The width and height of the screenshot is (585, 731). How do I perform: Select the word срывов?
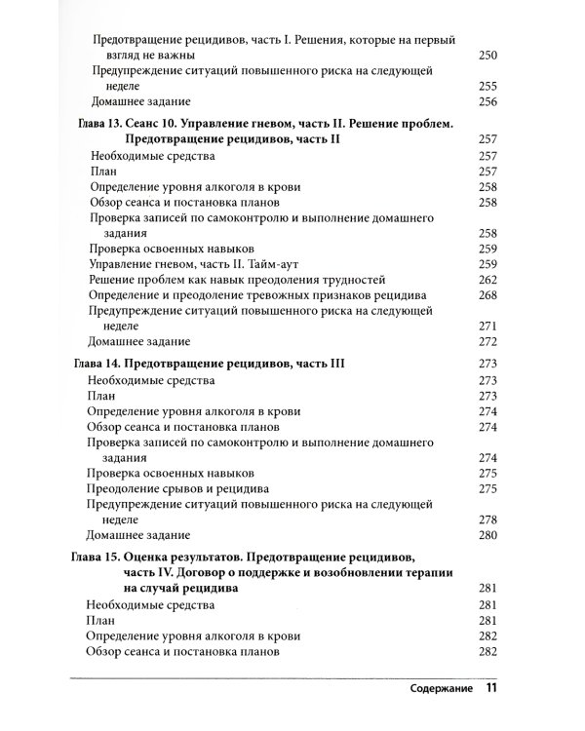click(190, 488)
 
